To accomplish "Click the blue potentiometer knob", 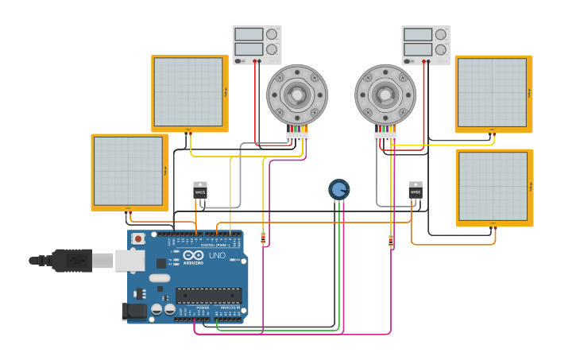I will pos(338,189).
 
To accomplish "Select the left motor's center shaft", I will pos(297,95).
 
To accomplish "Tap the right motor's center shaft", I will pos(385,95).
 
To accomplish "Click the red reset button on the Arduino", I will pos(138,238).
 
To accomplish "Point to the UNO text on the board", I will pos(217,256).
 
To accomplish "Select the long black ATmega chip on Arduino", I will pos(208,296).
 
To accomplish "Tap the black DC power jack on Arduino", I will pos(134,312).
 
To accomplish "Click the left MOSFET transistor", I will pos(200,191).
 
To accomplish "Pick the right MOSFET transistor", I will pos(416,190).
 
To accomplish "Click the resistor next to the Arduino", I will pos(263,237).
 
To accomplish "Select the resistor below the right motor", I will pos(390,241).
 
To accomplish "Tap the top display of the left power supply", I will pos(249,34).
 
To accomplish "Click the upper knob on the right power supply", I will pos(441,34).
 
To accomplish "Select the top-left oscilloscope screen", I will pos(188,92).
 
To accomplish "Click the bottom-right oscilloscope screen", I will pos(493,187).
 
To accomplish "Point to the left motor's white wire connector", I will pos(297,137).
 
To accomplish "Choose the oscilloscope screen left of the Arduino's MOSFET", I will pos(128,171).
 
